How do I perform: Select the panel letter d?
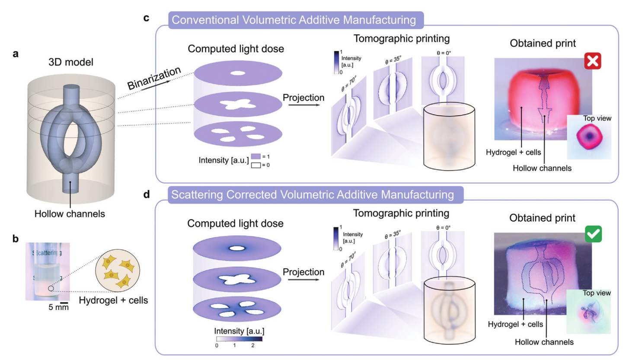pos(147,194)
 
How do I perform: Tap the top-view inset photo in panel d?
pos(589,311)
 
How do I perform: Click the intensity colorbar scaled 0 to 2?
pos(239,339)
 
